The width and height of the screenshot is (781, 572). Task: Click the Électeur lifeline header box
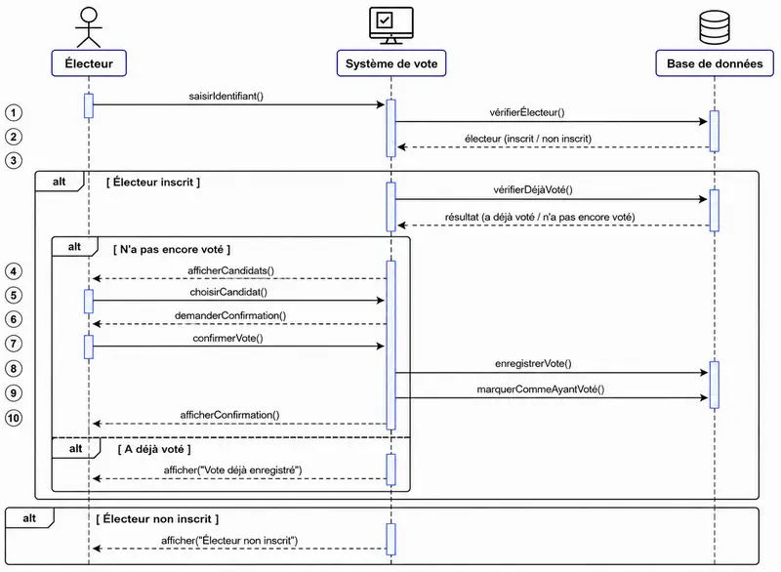coord(89,63)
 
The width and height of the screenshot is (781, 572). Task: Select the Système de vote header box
coord(391,63)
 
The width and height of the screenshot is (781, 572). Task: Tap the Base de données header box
coord(715,63)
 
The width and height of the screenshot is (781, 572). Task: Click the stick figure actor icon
coord(89,27)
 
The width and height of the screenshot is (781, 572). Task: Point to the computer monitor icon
coord(391,25)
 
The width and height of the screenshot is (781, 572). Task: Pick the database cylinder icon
coord(715,27)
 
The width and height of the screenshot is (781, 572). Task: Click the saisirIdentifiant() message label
coord(226,96)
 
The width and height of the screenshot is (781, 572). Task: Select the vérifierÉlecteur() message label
coord(527,112)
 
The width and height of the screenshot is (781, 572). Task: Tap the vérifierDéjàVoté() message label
coord(533,189)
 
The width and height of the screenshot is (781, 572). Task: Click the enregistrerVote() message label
coord(533,363)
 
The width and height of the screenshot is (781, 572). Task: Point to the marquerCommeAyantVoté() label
coord(541,389)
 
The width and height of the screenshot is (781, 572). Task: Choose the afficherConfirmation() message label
coord(229,415)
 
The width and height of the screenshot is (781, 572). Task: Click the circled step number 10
coord(14,418)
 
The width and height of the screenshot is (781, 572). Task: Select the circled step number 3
coord(14,160)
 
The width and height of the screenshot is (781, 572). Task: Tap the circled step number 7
coord(14,344)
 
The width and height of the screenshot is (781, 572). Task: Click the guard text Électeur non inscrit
coord(157,518)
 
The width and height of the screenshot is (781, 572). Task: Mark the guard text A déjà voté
coord(154,449)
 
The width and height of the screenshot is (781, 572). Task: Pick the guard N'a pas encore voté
coord(172,250)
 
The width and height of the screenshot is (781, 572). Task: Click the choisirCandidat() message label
coord(228,292)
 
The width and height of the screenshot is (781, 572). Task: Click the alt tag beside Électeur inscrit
coord(60,182)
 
